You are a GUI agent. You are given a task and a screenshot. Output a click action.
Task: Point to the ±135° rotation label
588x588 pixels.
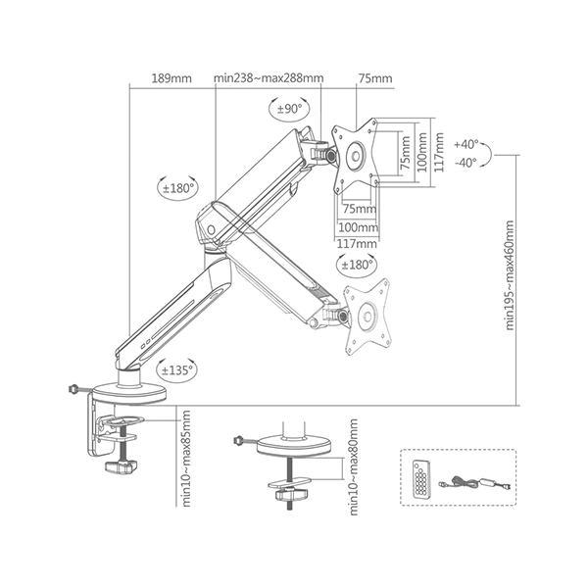tap(175, 369)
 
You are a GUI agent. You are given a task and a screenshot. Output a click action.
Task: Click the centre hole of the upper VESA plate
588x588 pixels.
tap(356, 155)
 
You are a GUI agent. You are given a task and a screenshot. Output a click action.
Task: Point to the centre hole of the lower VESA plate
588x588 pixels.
tap(370, 318)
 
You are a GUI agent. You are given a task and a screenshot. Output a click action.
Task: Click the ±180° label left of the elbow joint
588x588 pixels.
tap(176, 186)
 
